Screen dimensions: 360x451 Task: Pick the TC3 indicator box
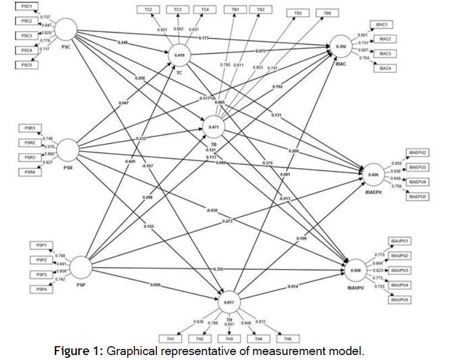pyautogui.click(x=177, y=9)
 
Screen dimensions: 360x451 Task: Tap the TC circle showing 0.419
pyautogui.click(x=180, y=55)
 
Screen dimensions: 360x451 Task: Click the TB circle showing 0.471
pyautogui.click(x=215, y=127)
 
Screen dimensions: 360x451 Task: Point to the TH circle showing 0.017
pyautogui.click(x=229, y=302)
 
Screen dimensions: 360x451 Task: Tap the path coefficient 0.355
pyautogui.click(x=218, y=269)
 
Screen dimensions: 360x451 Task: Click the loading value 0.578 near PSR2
pyautogui.click(x=49, y=146)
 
